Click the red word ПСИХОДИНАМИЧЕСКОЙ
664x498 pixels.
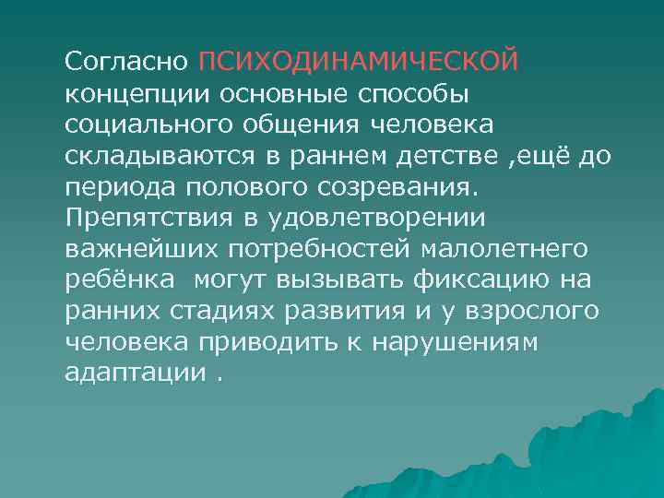(x=359, y=63)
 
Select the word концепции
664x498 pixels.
(x=137, y=94)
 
